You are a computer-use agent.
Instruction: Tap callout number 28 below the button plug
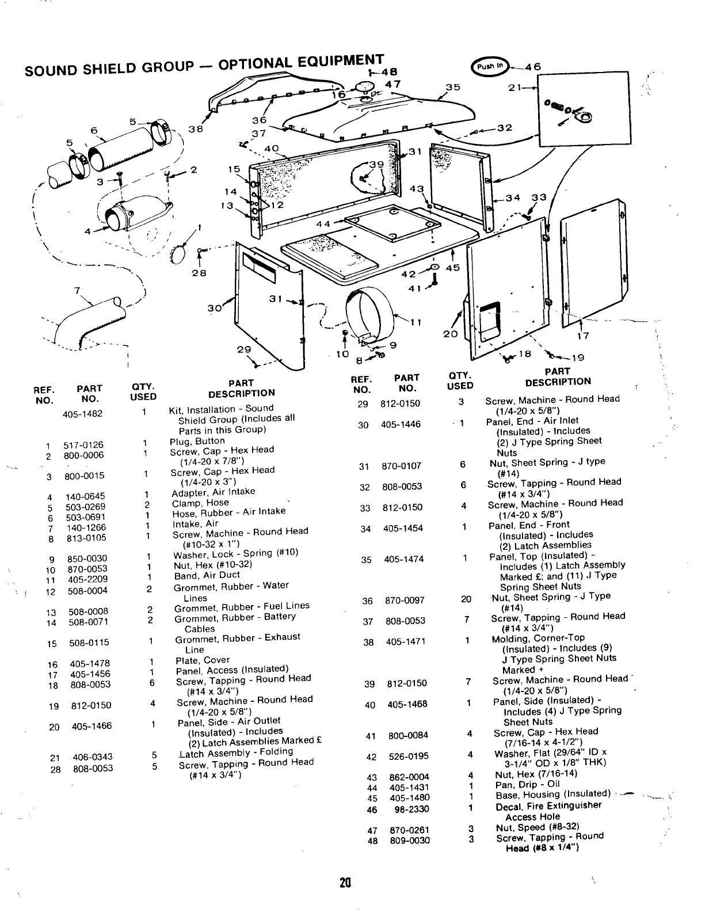199,272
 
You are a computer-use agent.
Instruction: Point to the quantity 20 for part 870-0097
466,599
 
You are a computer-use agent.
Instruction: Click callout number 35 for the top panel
453,88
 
